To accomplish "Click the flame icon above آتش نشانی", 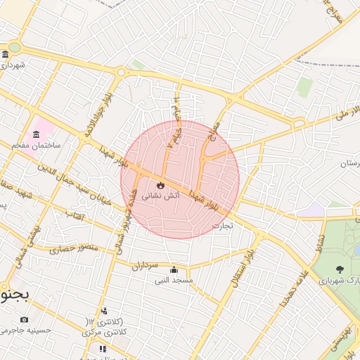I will (160, 185).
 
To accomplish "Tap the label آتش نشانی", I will (161, 197).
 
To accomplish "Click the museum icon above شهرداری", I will (5, 55).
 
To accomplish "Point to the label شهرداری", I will (13, 65).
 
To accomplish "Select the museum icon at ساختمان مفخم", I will (35, 134).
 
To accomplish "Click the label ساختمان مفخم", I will (37, 144).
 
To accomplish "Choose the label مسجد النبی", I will (174, 280).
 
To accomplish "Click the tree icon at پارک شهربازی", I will (340, 269).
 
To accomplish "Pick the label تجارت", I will (222, 226).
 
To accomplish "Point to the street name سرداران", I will (146, 266).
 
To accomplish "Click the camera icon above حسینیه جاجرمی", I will (25, 320).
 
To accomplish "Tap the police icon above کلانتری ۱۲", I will (104, 311).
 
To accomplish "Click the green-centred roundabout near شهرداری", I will (13, 48).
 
